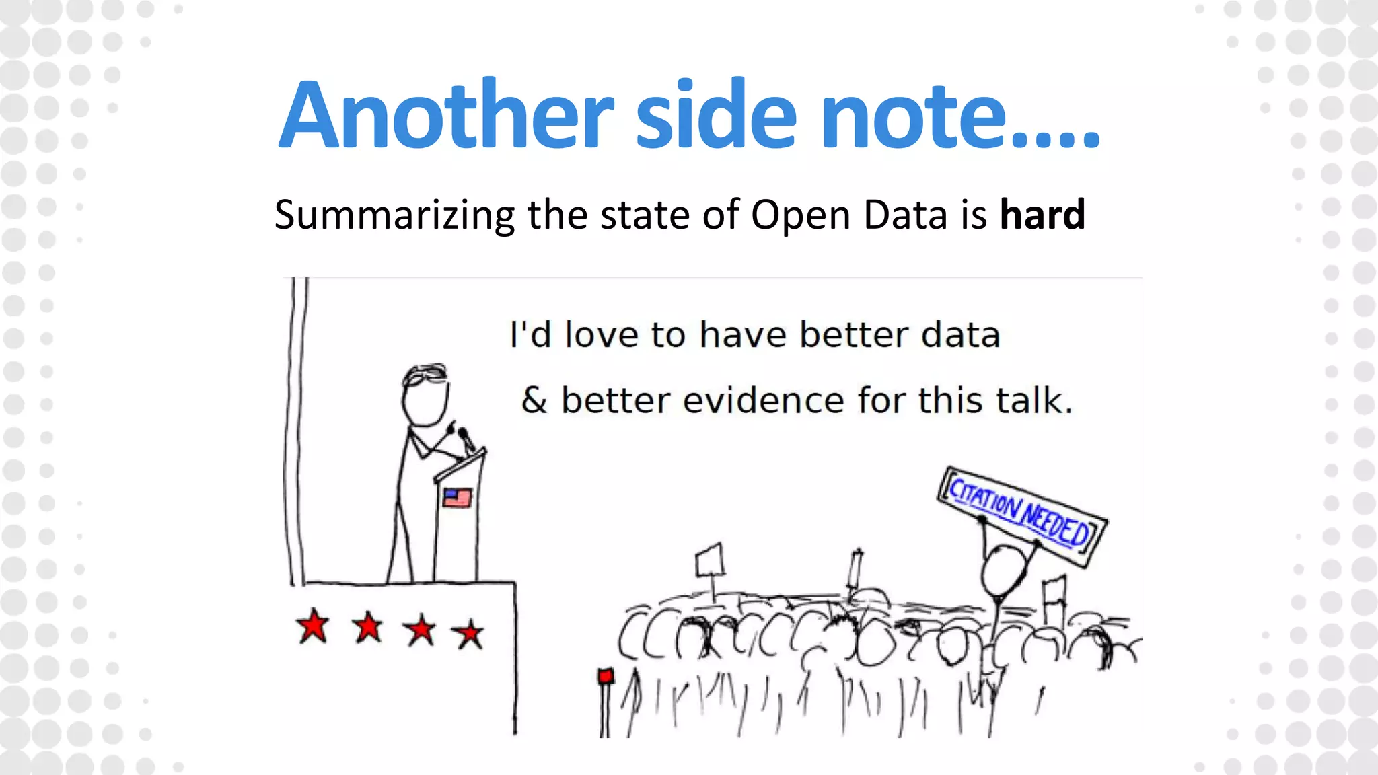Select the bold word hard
(x=1042, y=215)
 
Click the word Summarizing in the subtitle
(x=395, y=216)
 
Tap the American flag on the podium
(x=457, y=498)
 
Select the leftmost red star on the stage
(x=313, y=626)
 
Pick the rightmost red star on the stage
(x=468, y=634)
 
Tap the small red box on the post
(x=606, y=675)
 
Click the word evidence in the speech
(x=764, y=401)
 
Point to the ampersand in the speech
(x=534, y=401)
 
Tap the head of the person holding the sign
(x=1003, y=570)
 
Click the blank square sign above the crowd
(x=709, y=560)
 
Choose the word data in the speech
(x=960, y=335)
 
